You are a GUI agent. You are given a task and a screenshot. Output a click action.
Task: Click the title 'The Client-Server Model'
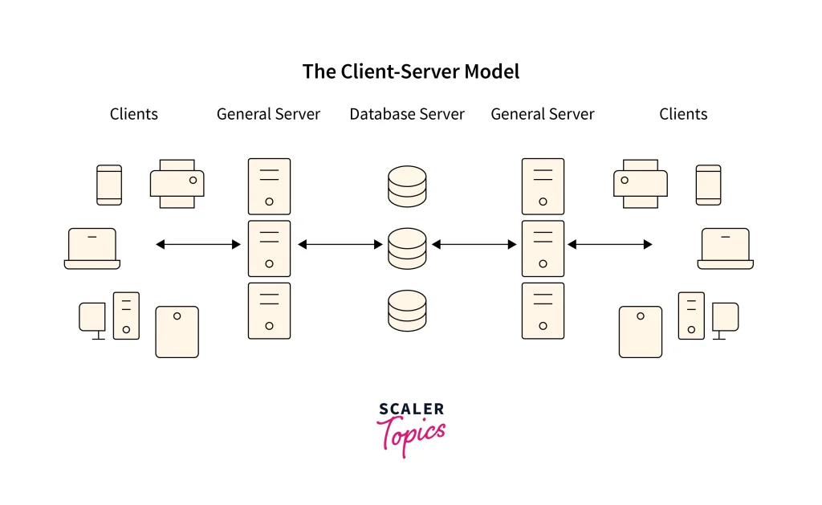410,71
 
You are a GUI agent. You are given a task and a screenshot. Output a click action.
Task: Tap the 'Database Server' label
407,114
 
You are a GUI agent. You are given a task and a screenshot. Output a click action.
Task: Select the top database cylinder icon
407,185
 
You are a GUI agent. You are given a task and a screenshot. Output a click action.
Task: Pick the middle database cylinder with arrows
407,248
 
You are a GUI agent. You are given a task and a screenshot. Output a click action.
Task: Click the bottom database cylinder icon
407,311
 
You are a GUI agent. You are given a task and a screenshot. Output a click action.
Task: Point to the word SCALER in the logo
410,410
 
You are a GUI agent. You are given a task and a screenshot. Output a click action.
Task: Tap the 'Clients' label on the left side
134,114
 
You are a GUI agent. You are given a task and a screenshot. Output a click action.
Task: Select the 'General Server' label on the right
543,114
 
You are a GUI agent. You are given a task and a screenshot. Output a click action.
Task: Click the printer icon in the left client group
177,183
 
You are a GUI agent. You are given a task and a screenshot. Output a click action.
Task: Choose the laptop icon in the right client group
726,248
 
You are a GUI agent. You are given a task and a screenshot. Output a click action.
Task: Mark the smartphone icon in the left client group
109,185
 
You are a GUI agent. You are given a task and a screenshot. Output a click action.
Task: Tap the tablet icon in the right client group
641,332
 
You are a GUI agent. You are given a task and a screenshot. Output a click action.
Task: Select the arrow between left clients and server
198,244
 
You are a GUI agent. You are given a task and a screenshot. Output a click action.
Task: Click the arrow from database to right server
474,244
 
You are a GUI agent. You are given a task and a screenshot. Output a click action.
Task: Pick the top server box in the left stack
269,186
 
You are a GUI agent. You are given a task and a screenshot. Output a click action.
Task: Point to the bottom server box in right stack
543,310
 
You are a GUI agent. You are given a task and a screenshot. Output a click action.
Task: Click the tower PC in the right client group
692,315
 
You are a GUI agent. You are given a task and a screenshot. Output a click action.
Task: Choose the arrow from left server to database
340,244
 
